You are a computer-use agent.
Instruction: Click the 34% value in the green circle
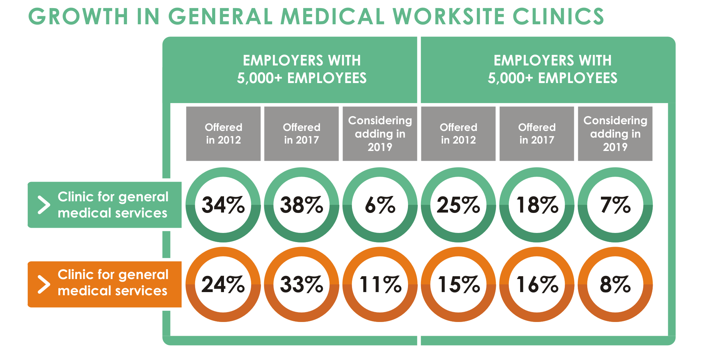point(223,205)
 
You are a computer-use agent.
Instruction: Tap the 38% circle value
point(301,205)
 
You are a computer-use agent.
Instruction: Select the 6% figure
point(380,205)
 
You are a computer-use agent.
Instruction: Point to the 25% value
point(458,205)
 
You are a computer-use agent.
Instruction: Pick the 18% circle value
point(537,205)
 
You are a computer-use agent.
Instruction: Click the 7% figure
point(615,205)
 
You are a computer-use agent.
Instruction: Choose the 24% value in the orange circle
point(223,284)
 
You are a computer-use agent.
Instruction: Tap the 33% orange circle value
point(301,284)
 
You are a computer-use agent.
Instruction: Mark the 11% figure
point(380,284)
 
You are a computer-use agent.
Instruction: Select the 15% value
point(458,284)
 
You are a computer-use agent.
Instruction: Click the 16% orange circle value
point(537,284)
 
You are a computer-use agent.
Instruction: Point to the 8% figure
point(615,284)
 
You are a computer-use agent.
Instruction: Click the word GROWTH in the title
point(78,17)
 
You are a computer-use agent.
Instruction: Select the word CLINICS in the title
point(558,17)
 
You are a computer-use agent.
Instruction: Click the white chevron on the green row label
point(44,205)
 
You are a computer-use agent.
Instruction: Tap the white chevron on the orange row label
point(44,284)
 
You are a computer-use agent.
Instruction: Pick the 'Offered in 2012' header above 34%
point(223,134)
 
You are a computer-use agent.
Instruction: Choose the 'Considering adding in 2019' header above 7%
point(615,134)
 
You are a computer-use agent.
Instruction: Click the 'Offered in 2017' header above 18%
point(537,134)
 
